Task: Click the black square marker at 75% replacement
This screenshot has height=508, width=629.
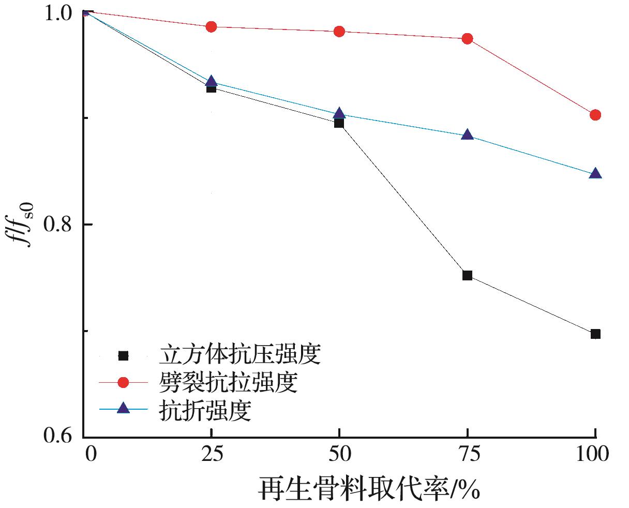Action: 467,275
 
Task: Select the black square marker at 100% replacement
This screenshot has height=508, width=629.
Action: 595,334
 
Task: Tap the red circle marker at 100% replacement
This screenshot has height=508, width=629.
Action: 595,114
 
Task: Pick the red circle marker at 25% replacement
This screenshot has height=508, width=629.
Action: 211,26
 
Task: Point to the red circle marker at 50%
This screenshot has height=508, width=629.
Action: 339,32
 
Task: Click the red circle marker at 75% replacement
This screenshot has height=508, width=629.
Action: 467,38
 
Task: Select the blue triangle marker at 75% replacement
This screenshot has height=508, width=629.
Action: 467,135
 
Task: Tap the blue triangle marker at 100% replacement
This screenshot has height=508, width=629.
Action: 595,173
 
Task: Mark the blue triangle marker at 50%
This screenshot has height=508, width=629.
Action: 339,114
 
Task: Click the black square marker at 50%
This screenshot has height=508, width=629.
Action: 339,123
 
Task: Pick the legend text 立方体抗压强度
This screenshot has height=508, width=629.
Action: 240,356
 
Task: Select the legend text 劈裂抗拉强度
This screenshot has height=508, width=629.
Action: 228,383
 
